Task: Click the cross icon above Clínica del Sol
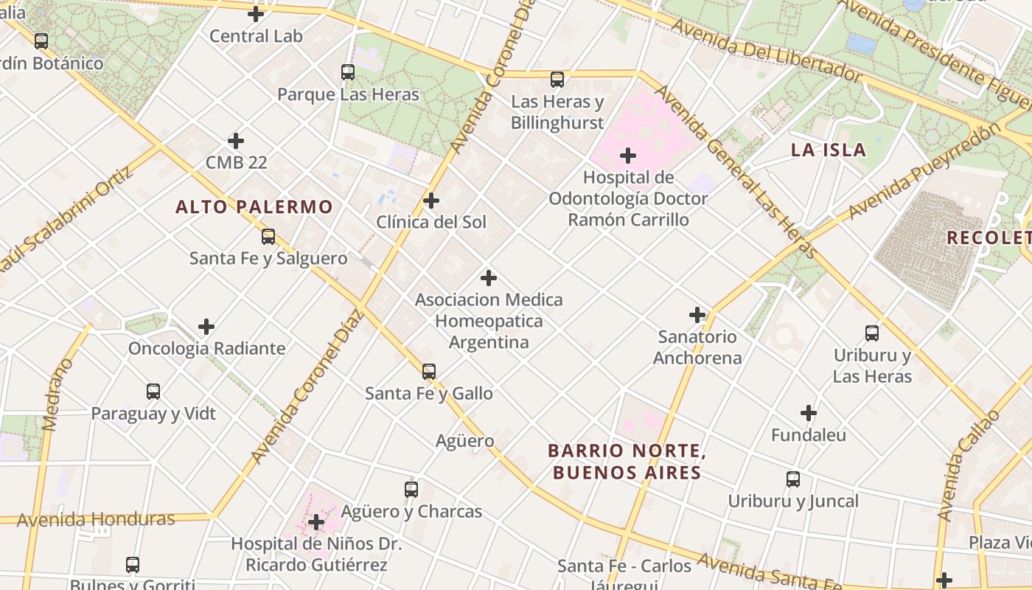431,201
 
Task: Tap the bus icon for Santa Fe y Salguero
268,237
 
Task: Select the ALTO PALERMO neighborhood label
254,207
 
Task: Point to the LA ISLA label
829,150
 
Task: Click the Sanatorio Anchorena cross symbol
697,315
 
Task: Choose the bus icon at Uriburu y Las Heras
872,333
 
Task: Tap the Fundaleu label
809,435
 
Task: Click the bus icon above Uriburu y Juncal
793,479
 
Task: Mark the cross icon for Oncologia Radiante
206,327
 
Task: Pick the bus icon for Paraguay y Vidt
153,392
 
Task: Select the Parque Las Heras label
348,94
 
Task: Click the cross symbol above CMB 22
236,141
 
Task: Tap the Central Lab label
256,36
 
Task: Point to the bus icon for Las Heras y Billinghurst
557,80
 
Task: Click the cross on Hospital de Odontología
628,156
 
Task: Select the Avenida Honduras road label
96,520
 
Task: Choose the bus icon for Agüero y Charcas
411,489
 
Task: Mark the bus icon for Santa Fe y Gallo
429,372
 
